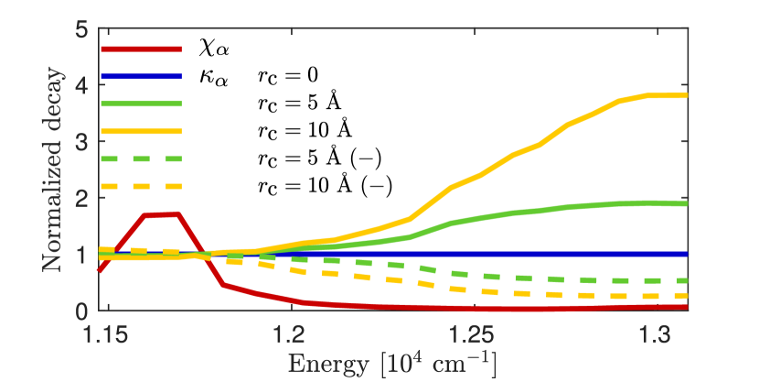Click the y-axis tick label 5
[81, 29]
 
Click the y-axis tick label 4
[81, 85]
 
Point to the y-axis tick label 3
[81, 141]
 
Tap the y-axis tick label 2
[81, 198]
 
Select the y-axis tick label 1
[81, 254]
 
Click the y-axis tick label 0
[81, 310]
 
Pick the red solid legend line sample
[141, 49]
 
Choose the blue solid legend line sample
[141, 77]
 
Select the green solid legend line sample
[141, 104]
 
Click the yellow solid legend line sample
[141, 132]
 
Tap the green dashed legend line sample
[141, 159]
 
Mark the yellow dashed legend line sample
[141, 187]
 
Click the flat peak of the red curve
[161, 214]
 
